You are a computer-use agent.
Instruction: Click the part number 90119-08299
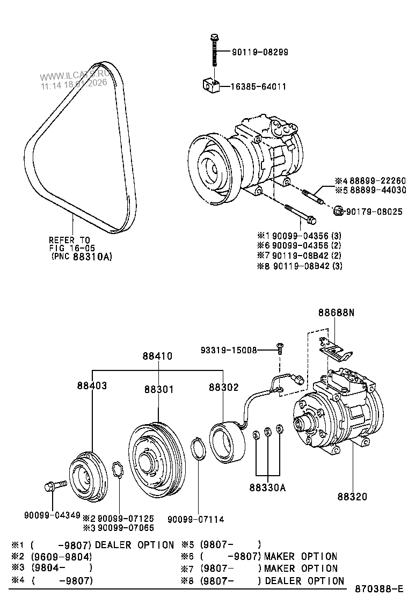(260, 52)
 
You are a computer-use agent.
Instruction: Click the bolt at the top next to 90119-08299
(214, 51)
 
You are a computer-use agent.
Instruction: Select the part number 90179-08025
(374, 212)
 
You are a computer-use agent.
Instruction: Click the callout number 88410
(157, 356)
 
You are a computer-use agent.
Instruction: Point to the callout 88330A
(267, 487)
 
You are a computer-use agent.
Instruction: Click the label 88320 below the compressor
(352, 497)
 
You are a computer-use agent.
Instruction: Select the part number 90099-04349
(49, 514)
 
